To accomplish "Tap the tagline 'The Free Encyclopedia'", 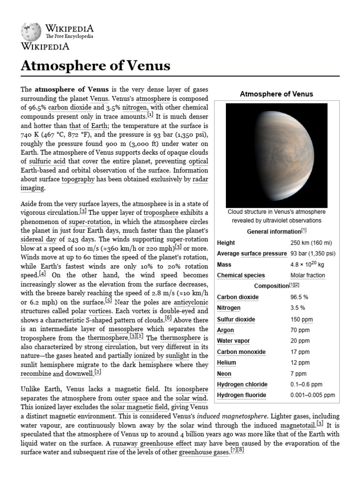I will click(x=69, y=36).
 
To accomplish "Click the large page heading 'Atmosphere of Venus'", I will click(x=95, y=66).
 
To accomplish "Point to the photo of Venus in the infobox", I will click(x=276, y=155).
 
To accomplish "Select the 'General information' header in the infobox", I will click(x=274, y=232).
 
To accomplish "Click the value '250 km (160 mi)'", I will click(x=311, y=243).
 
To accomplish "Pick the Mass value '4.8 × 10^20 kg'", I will click(x=307, y=264).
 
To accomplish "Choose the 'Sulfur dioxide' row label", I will click(x=236, y=319).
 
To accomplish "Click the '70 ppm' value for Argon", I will click(x=300, y=330).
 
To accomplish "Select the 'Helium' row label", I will click(x=226, y=363).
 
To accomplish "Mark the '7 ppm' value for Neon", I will click(x=298, y=374).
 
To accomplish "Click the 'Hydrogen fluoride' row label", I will click(x=241, y=395).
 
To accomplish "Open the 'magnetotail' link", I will click(x=297, y=425).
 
